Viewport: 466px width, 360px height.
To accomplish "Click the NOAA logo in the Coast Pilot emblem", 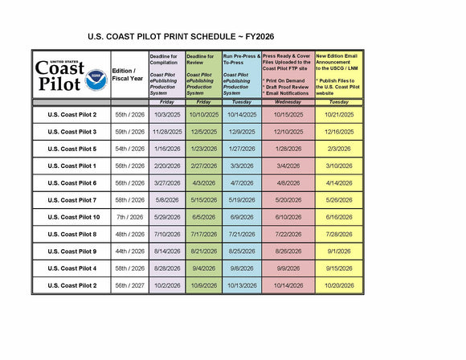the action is click(96, 80).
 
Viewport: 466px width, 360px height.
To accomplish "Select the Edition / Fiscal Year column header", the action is click(129, 74).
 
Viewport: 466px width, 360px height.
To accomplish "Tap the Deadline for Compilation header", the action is click(166, 74).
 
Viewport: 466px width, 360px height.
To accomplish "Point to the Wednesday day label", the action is click(288, 102).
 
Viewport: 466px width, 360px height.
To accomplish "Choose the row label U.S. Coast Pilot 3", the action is click(72, 132).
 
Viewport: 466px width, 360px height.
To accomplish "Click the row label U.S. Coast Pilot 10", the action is click(72, 217).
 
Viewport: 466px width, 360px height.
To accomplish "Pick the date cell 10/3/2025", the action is click(166, 115).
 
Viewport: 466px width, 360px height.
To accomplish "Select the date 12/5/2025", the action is click(203, 132).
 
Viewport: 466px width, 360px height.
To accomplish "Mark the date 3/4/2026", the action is click(288, 166).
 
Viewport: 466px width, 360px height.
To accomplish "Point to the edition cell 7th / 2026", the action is click(129, 217).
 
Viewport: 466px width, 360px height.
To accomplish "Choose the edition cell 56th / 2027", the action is click(129, 285).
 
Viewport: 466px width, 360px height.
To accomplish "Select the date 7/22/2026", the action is click(288, 234).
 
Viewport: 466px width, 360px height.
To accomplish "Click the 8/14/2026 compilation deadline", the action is click(166, 252).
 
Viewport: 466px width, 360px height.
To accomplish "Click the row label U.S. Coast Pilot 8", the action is click(72, 234).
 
